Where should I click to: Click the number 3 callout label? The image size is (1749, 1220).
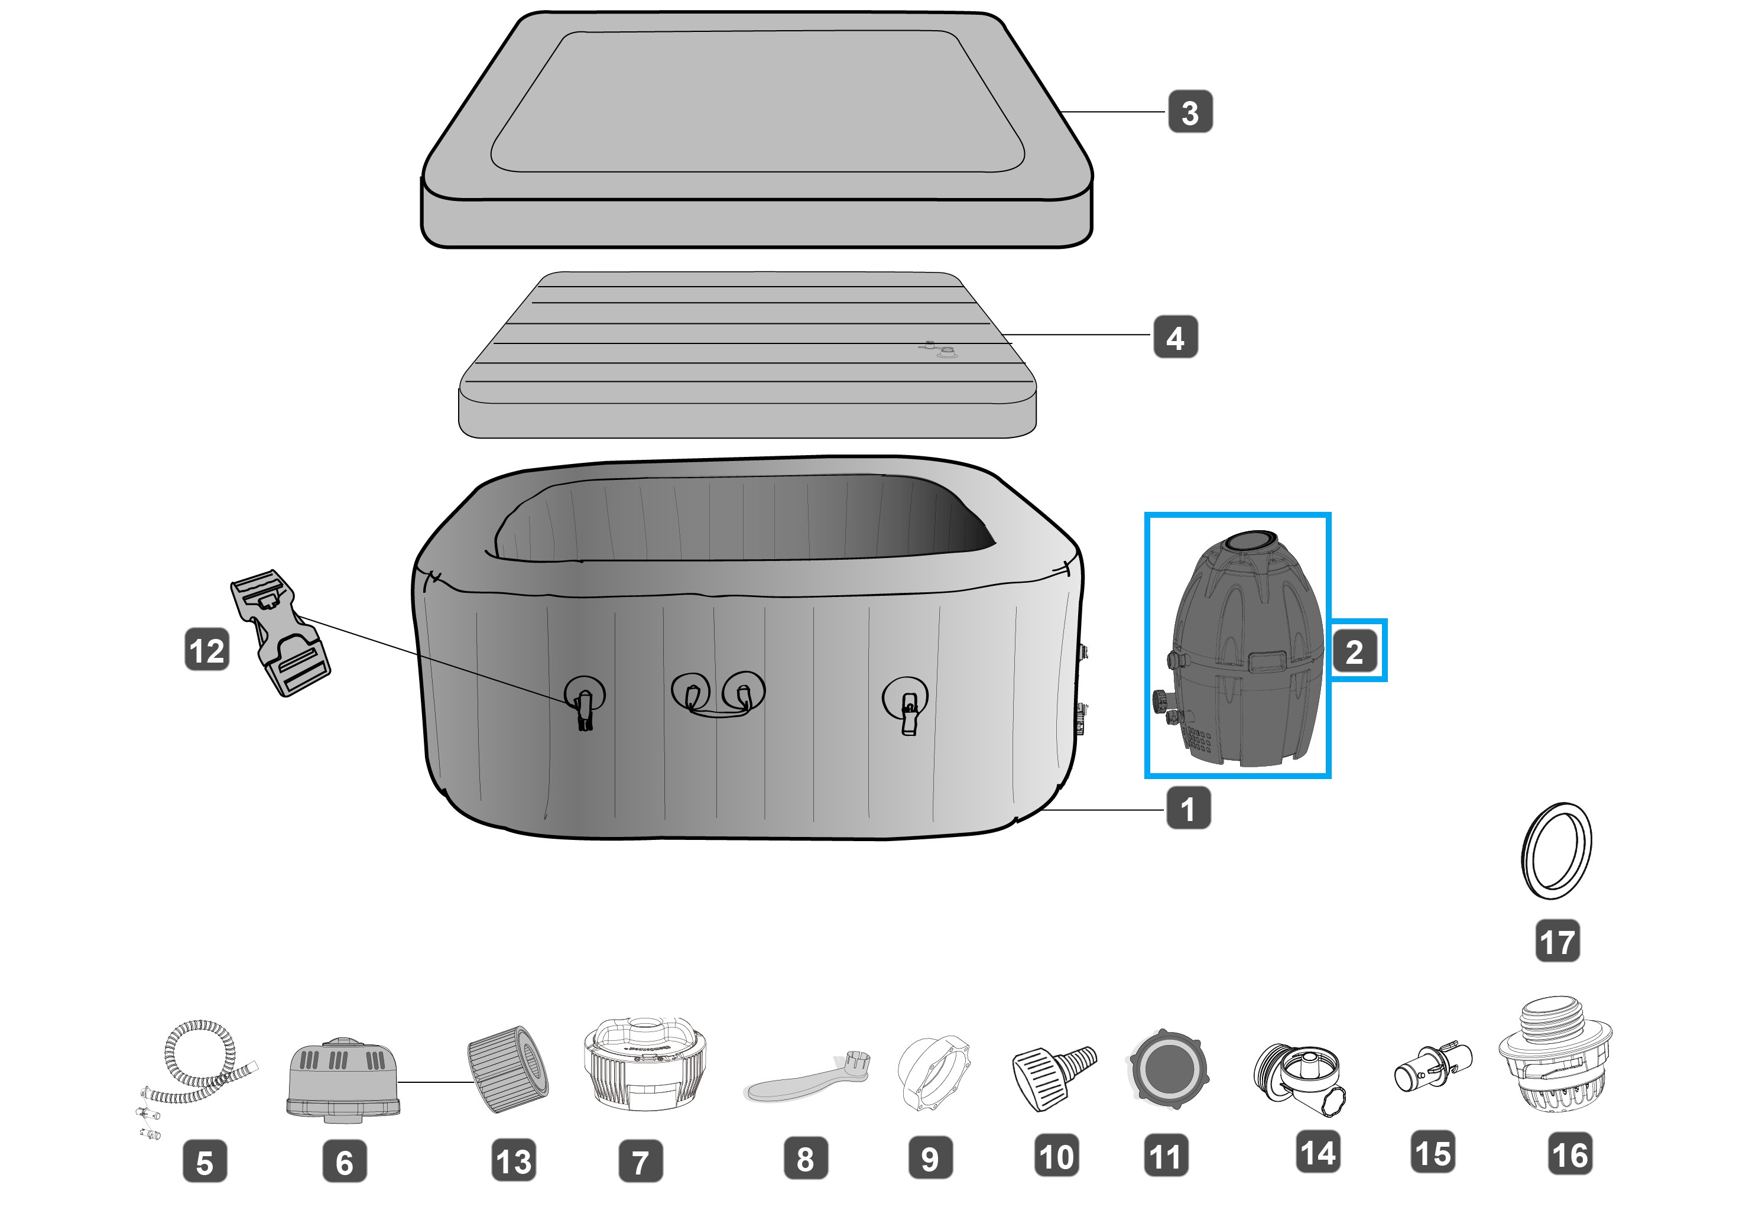click(1190, 112)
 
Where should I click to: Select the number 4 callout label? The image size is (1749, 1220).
click(1176, 338)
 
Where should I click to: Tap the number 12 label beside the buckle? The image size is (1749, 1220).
click(206, 650)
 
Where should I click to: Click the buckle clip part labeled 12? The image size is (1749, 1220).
click(280, 632)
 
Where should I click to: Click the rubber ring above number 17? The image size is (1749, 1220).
click(1556, 850)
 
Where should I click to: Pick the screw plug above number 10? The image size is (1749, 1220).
click(1053, 1075)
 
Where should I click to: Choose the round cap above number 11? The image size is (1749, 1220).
click(1167, 1069)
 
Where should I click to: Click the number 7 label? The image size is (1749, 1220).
click(641, 1161)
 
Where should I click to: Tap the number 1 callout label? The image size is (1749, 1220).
click(1187, 808)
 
